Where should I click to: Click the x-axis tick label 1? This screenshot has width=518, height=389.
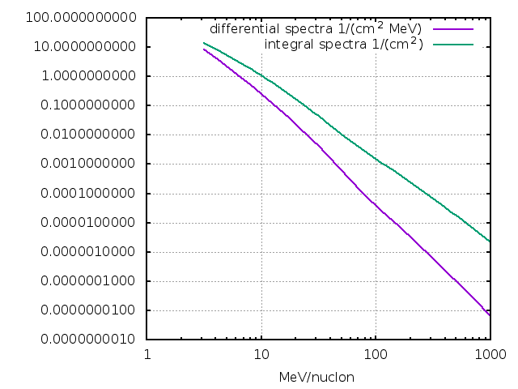146,355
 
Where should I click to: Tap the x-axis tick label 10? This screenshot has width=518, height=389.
261,355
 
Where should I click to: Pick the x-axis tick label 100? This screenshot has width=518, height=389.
375,355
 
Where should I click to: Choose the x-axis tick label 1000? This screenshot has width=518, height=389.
489,355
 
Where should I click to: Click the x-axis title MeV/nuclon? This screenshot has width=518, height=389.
317,378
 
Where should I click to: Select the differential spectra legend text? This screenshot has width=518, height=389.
316,29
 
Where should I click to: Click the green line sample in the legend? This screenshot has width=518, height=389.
452,44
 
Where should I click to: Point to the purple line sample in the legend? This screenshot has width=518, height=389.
452,30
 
